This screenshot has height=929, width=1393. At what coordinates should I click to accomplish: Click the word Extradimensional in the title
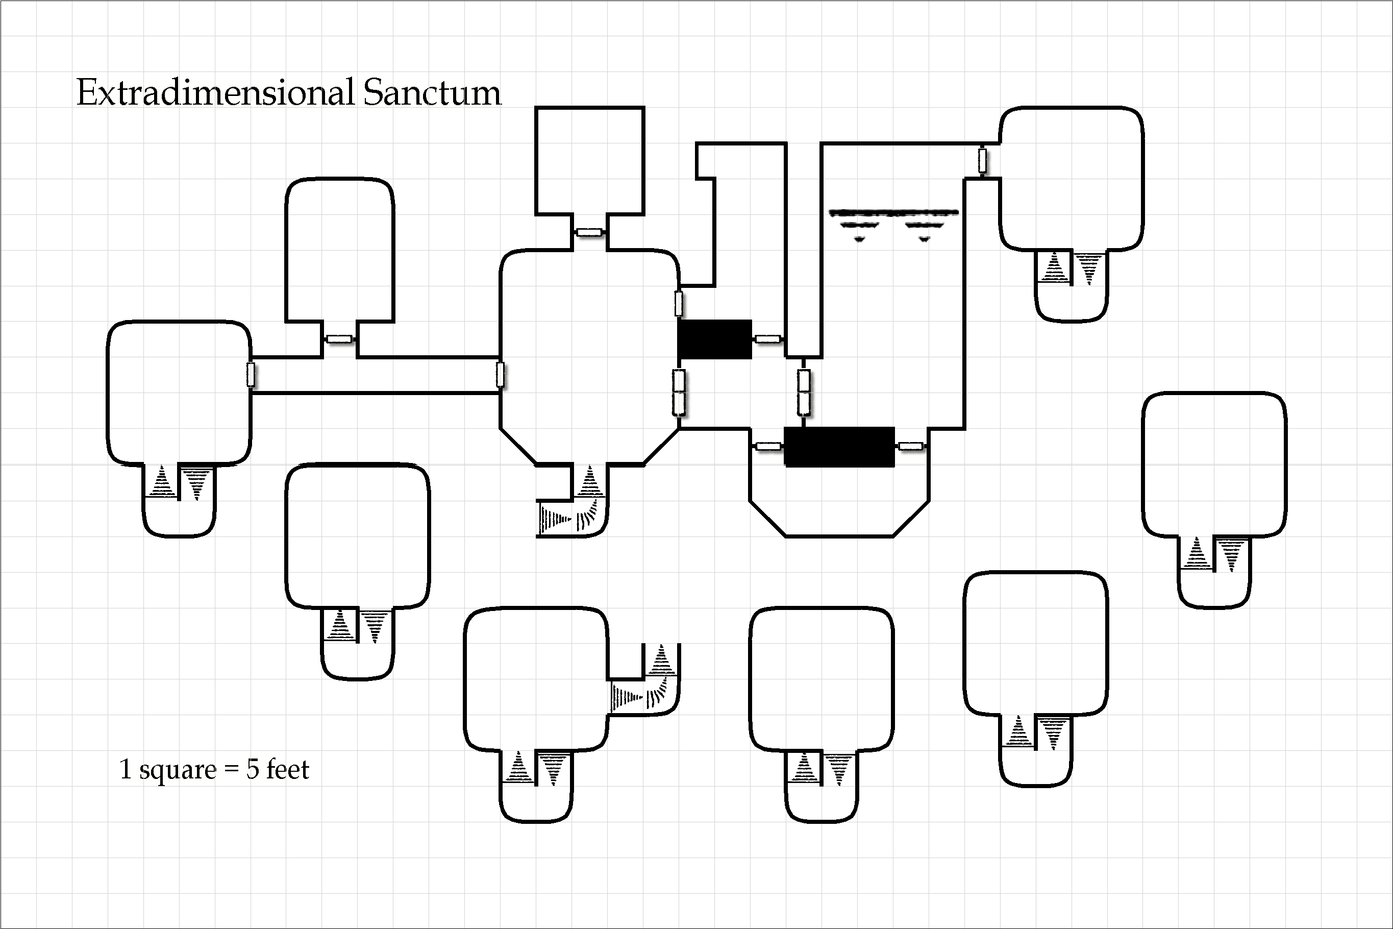(x=215, y=93)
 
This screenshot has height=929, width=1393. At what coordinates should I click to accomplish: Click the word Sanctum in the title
(x=432, y=93)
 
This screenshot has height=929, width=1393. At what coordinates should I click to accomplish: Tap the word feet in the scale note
(x=288, y=769)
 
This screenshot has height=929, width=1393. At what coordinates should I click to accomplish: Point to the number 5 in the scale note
(x=253, y=769)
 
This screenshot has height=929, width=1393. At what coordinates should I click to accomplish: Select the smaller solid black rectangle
(x=715, y=339)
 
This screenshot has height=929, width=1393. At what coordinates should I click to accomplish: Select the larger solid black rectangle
(x=839, y=447)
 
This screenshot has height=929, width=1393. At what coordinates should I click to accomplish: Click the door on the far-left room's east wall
(x=251, y=375)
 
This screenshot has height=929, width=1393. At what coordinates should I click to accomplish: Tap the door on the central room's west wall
(x=501, y=375)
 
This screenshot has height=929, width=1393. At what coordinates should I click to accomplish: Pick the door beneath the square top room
(x=589, y=232)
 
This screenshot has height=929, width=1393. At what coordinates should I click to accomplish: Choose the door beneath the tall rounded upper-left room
(x=339, y=339)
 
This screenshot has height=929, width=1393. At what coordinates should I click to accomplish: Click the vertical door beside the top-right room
(x=982, y=161)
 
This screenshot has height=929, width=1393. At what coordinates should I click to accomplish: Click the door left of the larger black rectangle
(x=767, y=446)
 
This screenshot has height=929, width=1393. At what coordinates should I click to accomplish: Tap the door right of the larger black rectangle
(x=910, y=446)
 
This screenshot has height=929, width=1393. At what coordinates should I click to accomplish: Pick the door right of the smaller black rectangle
(x=767, y=339)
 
